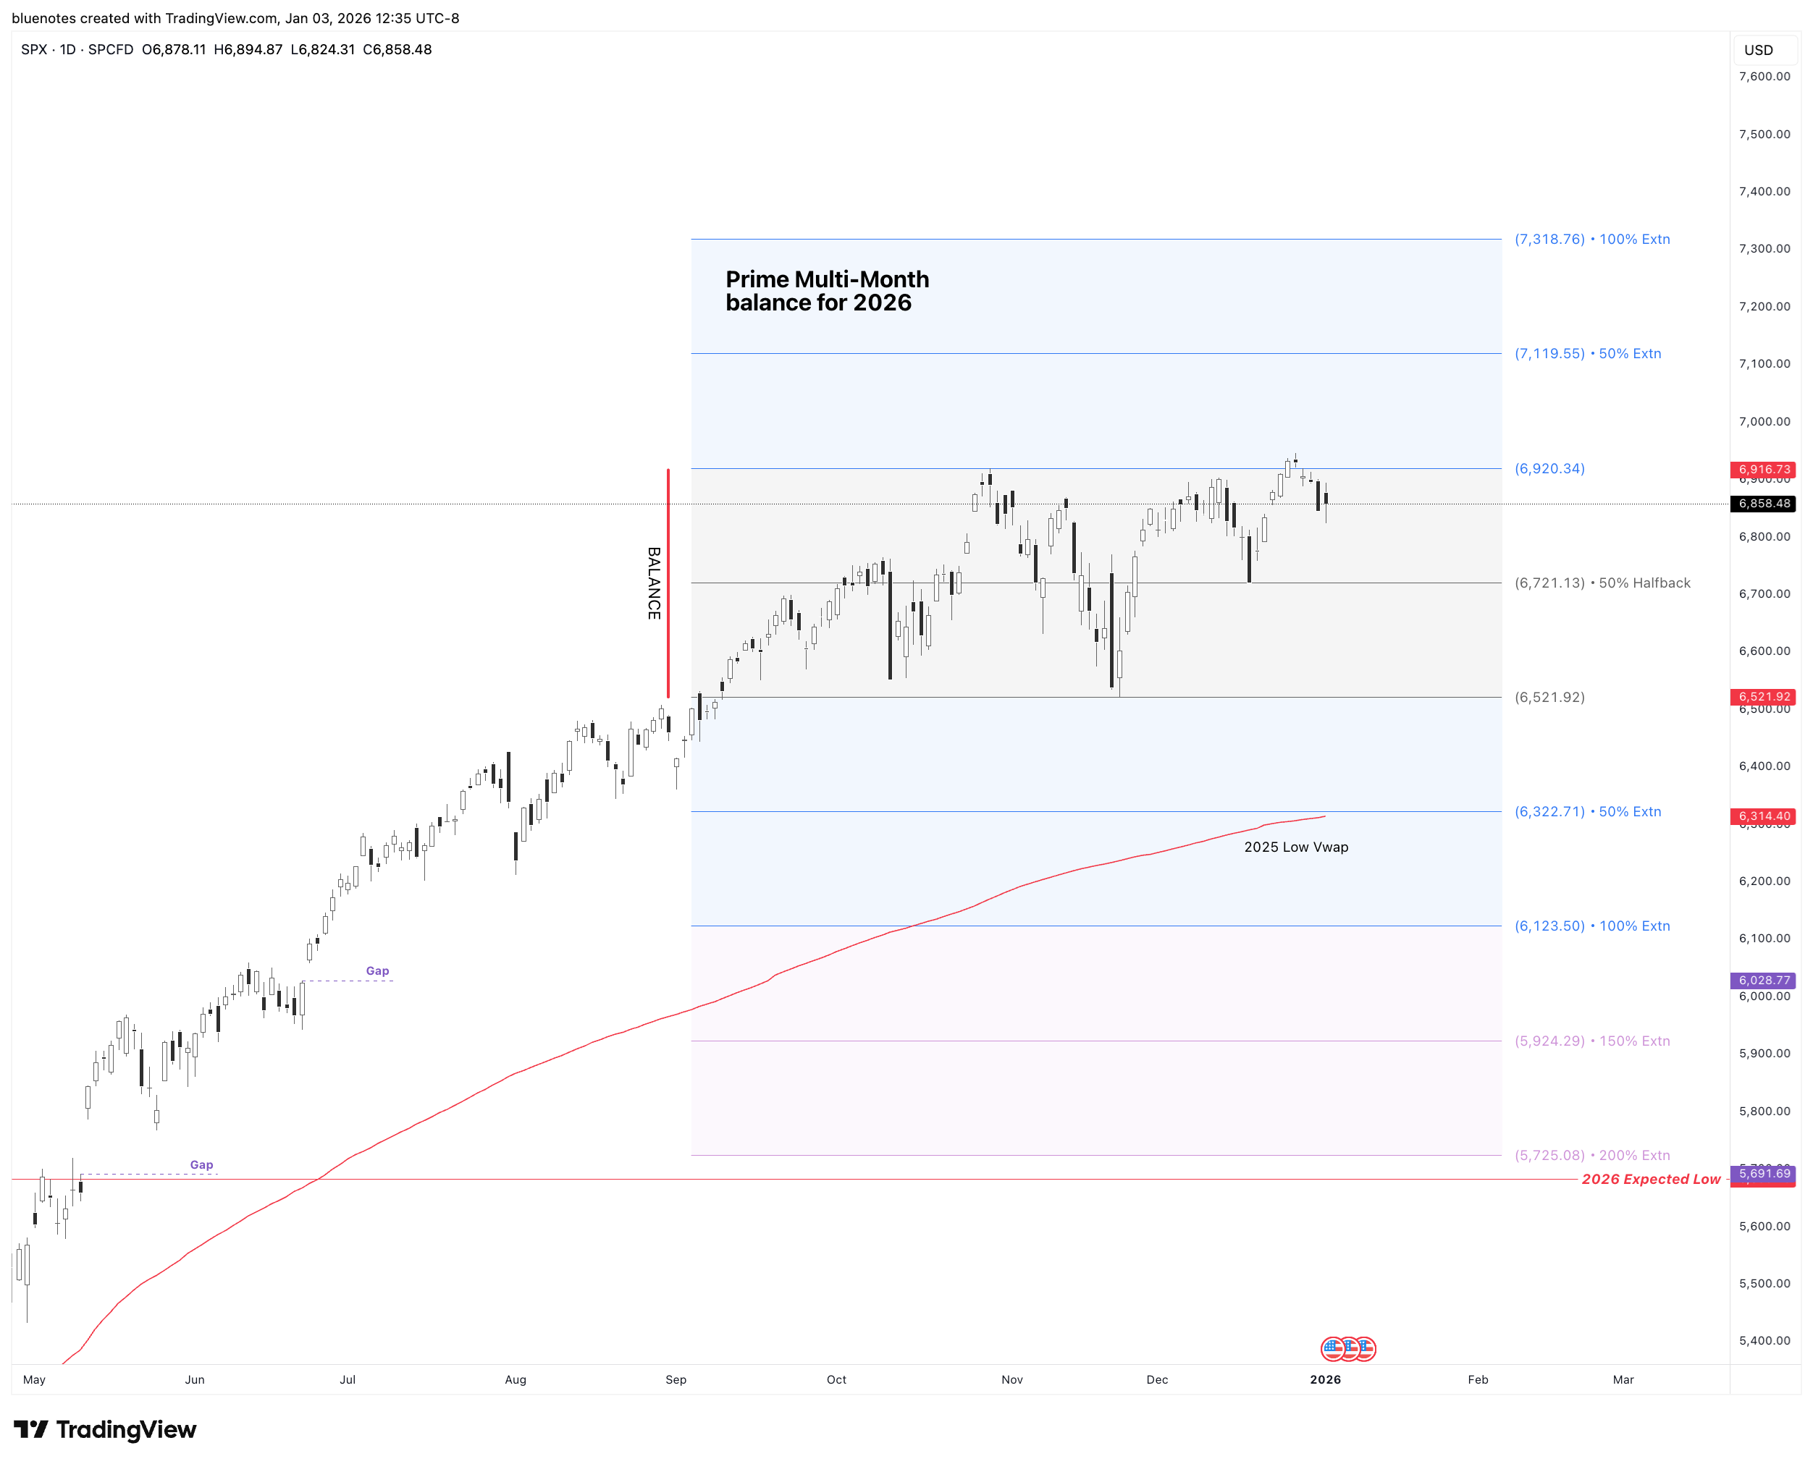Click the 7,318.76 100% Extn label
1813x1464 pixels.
point(1591,240)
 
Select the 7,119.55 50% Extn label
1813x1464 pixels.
point(1587,353)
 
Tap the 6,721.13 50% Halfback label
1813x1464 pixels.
point(1602,583)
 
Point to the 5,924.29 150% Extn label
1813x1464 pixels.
point(1591,1041)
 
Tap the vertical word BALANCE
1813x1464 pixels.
point(654,583)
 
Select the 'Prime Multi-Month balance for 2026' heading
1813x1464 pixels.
point(827,291)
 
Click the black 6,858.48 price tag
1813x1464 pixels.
point(1763,504)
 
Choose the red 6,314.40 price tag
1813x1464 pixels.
point(1763,816)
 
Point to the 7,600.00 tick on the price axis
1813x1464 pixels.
point(1763,76)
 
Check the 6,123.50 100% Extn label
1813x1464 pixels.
point(1591,926)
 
